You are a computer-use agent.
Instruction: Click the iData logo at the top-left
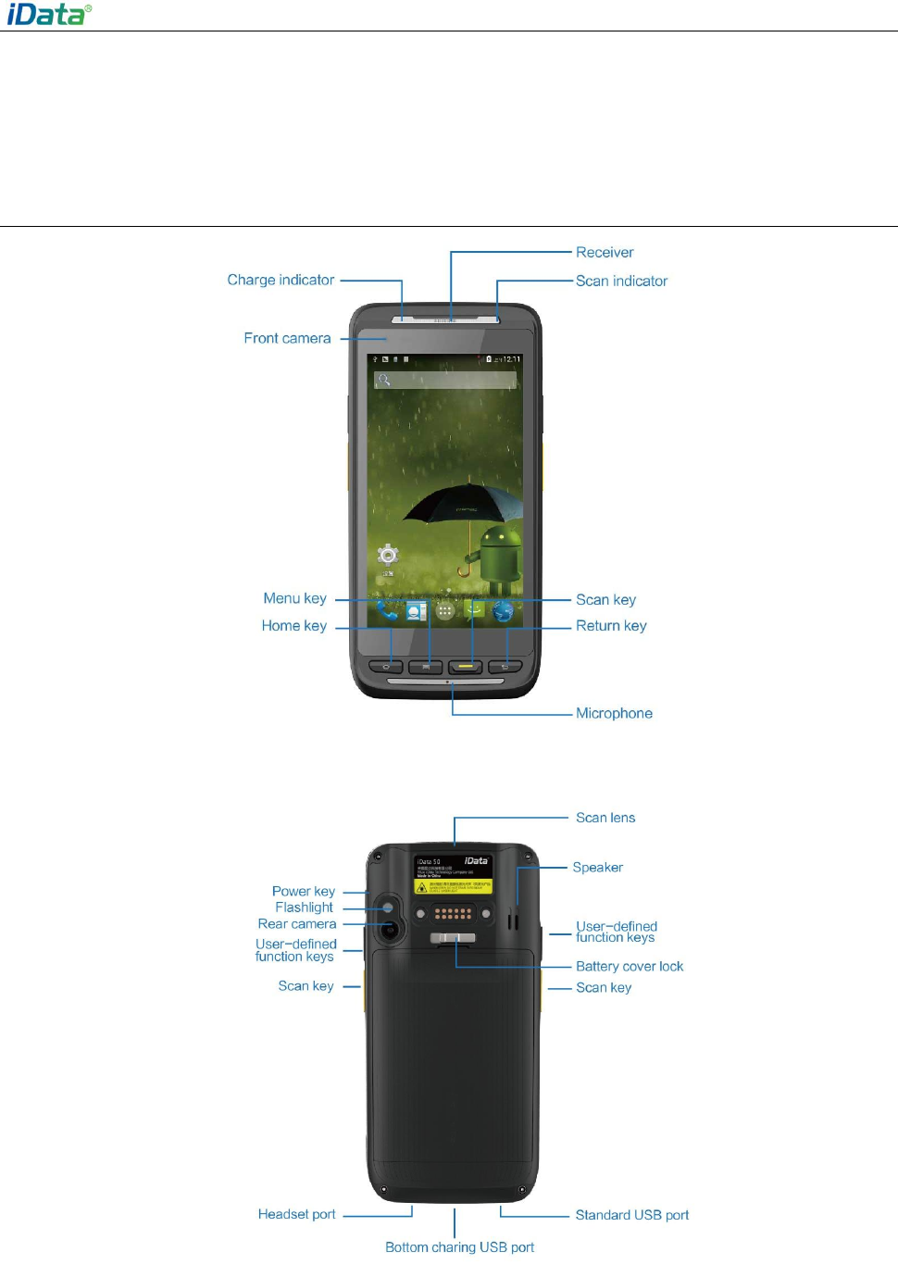[49, 14]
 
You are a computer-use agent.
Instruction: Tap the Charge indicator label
[281, 280]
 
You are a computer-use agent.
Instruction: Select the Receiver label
[605, 252]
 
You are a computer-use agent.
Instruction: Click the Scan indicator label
[621, 281]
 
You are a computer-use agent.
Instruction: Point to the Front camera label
[287, 338]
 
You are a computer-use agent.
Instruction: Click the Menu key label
[294, 598]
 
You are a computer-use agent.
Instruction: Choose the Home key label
[293, 625]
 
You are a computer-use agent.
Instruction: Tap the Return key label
[611, 625]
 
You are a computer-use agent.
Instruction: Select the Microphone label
[614, 713]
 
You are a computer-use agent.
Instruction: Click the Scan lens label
[605, 818]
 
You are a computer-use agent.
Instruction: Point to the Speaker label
[597, 868]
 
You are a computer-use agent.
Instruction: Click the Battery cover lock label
[630, 966]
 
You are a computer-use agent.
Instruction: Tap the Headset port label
[296, 1214]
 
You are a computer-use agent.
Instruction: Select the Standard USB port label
[631, 1215]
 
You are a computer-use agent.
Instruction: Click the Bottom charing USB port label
[459, 1247]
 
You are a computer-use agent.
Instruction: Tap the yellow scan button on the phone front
[466, 666]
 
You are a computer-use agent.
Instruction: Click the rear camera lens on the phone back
[390, 929]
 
